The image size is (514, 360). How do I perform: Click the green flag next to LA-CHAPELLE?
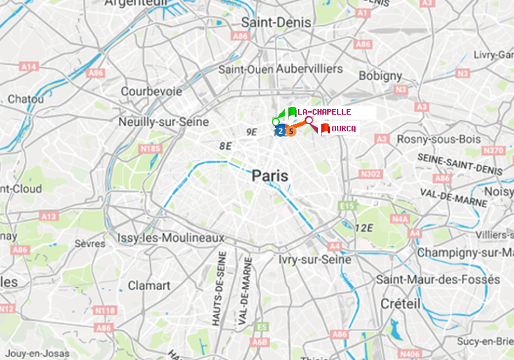click(292, 112)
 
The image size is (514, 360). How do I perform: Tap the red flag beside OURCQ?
click(325, 129)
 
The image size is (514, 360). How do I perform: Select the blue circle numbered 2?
click(279, 131)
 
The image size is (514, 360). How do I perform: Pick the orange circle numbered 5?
click(292, 131)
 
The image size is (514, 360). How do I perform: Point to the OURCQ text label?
click(344, 129)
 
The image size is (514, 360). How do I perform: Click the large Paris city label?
click(270, 177)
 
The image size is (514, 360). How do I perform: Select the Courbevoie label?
click(151, 91)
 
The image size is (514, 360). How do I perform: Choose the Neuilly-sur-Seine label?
click(164, 122)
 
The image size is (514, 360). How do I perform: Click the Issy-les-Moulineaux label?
click(171, 238)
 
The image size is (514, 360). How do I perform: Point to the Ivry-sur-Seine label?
click(315, 259)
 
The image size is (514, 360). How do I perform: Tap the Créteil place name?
click(400, 304)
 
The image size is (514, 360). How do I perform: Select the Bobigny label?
click(380, 75)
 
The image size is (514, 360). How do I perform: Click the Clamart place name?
click(149, 286)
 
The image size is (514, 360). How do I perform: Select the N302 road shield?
click(372, 174)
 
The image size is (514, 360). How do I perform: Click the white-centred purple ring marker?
click(309, 120)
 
